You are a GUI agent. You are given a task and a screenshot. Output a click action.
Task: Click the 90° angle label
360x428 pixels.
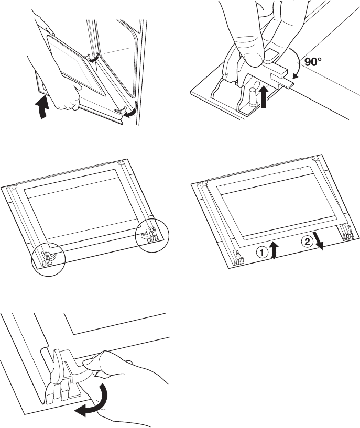click(x=311, y=62)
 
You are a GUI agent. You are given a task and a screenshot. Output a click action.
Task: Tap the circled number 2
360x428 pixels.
click(x=307, y=242)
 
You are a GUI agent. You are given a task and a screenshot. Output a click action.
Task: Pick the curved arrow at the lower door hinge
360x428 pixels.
click(x=129, y=113)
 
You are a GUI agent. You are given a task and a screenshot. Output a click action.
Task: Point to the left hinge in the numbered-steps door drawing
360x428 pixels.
click(x=238, y=257)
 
